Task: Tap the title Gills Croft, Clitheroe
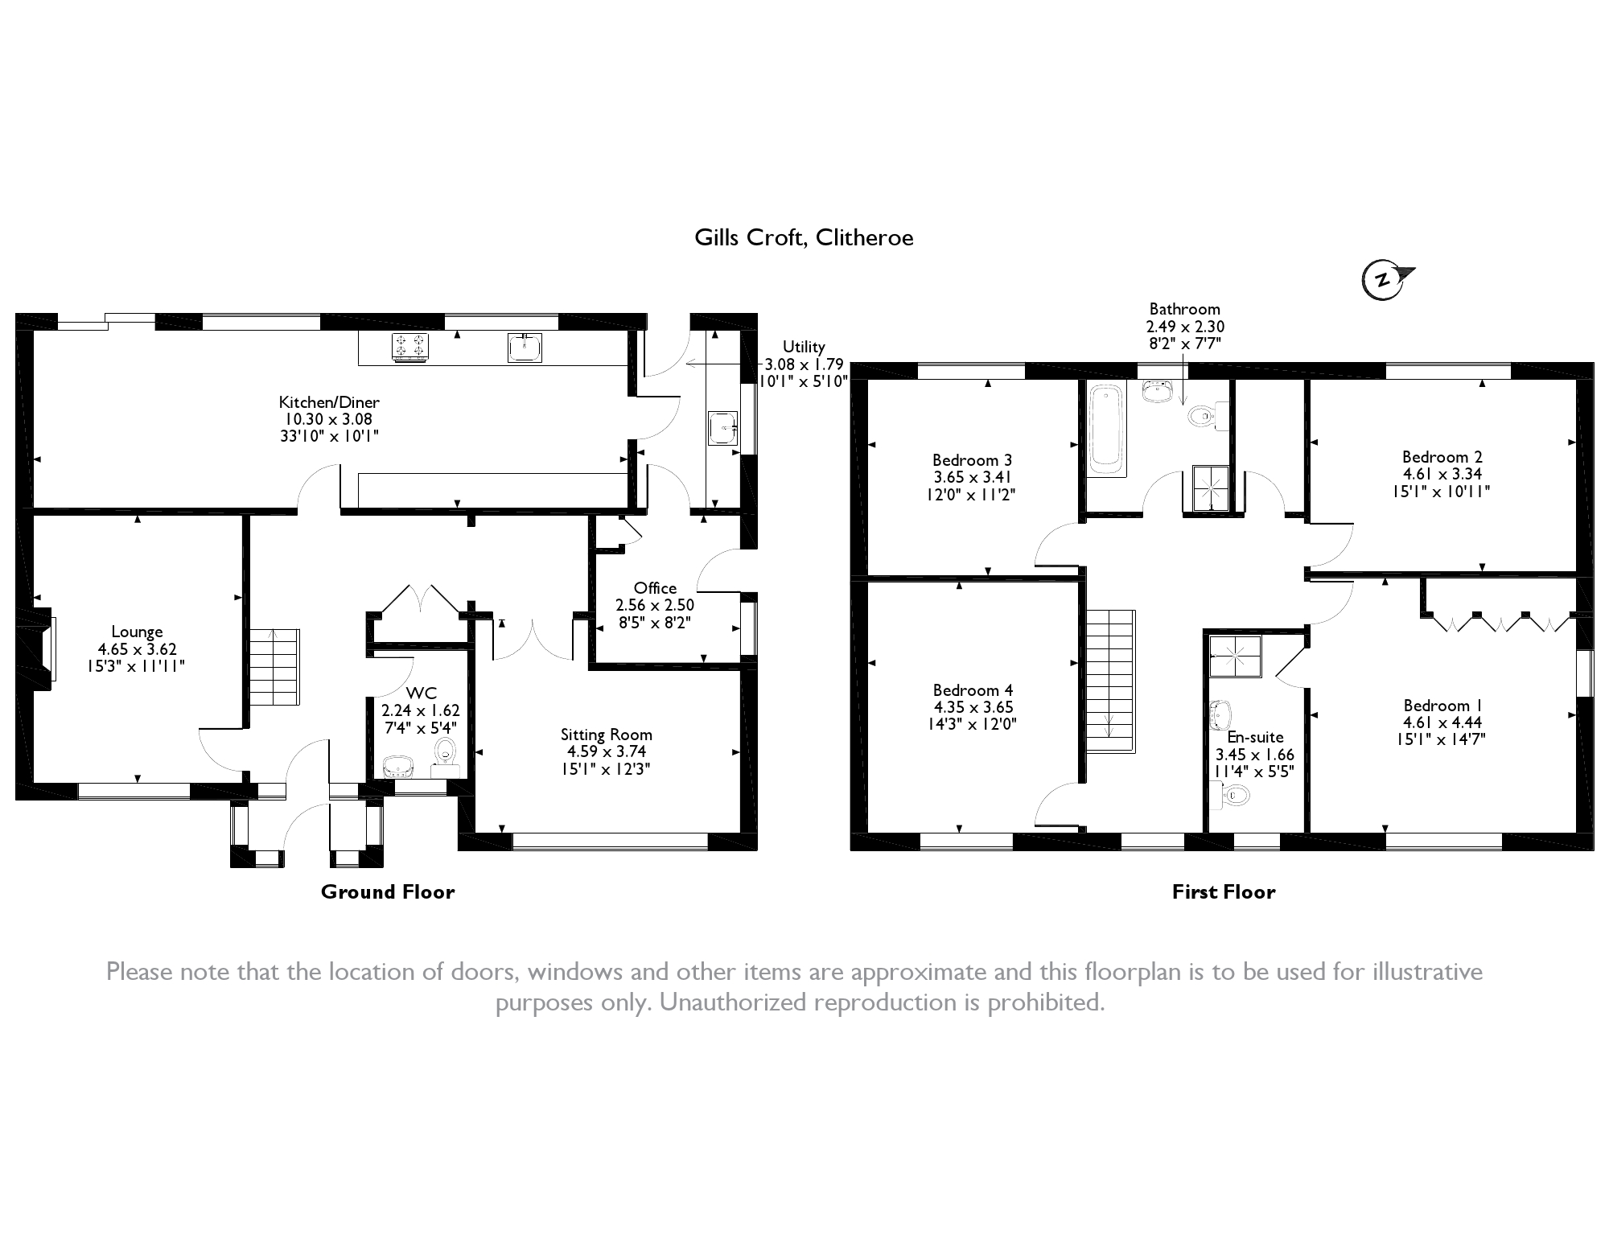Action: [804, 238]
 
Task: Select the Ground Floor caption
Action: [388, 891]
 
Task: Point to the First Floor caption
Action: [1223, 891]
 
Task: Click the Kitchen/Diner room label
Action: [329, 402]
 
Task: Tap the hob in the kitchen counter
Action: [410, 347]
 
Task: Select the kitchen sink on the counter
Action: [525, 348]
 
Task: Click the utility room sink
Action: [722, 428]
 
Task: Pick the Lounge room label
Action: [137, 632]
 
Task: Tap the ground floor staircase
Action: [274, 668]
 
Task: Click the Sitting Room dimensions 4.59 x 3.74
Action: [606, 751]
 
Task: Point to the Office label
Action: [655, 588]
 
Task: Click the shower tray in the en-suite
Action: [1235, 656]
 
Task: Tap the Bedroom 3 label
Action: [972, 460]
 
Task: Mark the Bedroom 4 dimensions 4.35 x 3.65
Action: [973, 707]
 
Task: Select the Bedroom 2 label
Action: [1442, 457]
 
